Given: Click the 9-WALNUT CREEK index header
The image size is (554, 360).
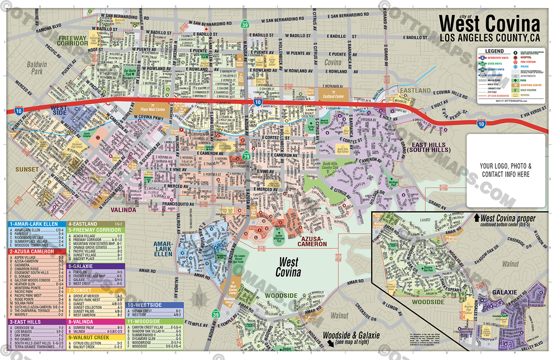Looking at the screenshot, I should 90,337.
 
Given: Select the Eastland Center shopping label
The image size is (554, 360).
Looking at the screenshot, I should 332,96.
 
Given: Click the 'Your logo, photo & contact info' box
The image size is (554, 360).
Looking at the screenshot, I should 506,170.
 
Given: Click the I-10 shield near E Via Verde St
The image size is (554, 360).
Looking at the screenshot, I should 481,124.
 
